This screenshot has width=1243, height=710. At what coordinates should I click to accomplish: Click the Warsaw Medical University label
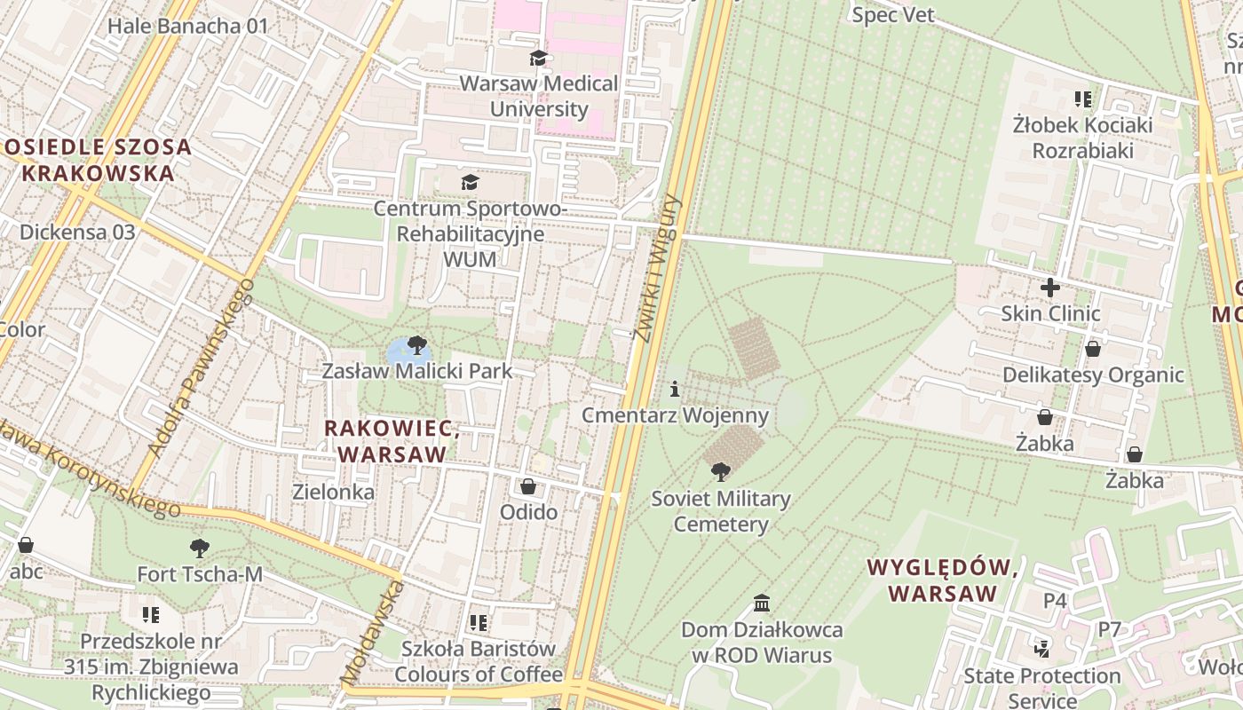tap(539, 97)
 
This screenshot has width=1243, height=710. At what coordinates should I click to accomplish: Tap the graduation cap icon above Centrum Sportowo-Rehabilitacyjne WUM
tap(470, 183)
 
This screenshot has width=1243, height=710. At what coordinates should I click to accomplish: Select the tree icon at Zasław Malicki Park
tap(416, 345)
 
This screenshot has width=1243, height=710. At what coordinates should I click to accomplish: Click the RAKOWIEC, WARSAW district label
tap(392, 441)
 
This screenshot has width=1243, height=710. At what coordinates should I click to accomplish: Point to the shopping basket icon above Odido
tap(528, 486)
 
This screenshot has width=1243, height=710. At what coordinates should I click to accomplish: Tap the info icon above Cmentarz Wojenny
tap(675, 389)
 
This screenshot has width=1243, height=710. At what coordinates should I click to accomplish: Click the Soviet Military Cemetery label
tap(720, 511)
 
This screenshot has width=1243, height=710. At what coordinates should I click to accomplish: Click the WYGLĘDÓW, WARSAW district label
tap(942, 580)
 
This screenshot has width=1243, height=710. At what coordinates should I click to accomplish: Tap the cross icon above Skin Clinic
tap(1050, 288)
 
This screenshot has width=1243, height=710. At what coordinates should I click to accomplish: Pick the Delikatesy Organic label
tap(1093, 375)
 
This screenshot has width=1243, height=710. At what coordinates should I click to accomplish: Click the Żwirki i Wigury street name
tap(655, 266)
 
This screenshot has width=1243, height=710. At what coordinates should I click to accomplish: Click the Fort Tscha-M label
tap(200, 574)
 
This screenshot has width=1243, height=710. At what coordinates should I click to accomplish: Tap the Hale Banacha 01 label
tap(187, 26)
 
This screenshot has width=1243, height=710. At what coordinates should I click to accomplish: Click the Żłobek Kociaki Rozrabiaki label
tap(1082, 138)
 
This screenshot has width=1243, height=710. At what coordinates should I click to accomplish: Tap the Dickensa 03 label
tap(77, 233)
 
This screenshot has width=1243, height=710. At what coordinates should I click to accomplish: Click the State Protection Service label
tap(1042, 688)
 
